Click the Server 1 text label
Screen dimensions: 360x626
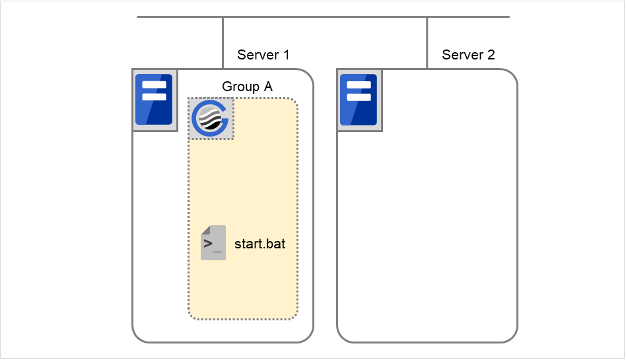pyautogui.click(x=263, y=55)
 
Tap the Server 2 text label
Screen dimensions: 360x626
pyautogui.click(x=468, y=55)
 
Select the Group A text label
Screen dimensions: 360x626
pyautogui.click(x=247, y=87)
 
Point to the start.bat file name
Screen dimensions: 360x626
pyautogui.click(x=260, y=244)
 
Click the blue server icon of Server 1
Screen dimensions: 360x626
pyautogui.click(x=154, y=100)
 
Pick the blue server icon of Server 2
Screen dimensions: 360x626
pyautogui.click(x=359, y=100)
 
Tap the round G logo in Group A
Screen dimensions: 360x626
pyautogui.click(x=211, y=119)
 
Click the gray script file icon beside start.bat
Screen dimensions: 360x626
pyautogui.click(x=213, y=243)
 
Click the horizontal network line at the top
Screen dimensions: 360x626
pyautogui.click(x=324, y=17)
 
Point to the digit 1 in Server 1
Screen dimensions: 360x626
pyautogui.click(x=286, y=55)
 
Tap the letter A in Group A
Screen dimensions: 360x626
pyautogui.click(x=267, y=87)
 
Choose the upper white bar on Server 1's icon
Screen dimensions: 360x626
pyautogui.click(x=154, y=85)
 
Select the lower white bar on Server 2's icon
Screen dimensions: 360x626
pyautogui.click(x=359, y=96)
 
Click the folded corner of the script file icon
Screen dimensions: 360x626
pyautogui.click(x=205, y=230)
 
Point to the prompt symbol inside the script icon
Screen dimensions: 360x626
pyautogui.click(x=209, y=243)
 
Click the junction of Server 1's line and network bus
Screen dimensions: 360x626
pyautogui.click(x=223, y=17)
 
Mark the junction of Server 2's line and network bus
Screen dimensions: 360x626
pyautogui.click(x=427, y=17)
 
